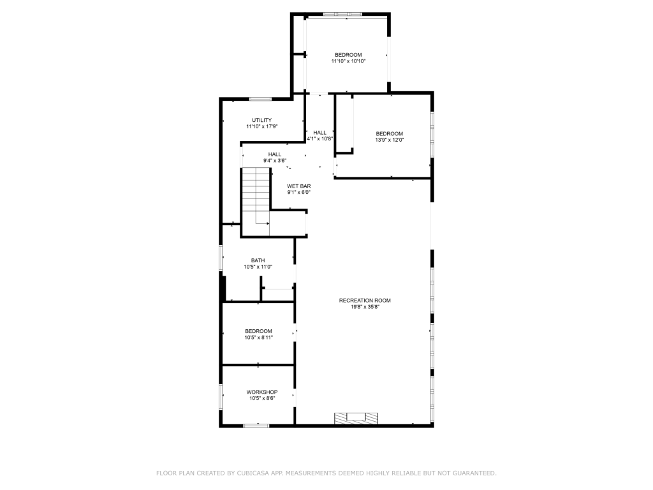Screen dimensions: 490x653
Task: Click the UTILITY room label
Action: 261,120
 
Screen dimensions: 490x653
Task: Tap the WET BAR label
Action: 298,186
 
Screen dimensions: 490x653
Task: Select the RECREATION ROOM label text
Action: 365,301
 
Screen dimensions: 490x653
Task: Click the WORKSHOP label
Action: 261,392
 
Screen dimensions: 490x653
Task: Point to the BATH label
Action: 258,260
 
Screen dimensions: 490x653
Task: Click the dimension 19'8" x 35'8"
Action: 365,307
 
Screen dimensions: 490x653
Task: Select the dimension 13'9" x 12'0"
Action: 389,140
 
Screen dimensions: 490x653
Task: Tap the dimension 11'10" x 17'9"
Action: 261,126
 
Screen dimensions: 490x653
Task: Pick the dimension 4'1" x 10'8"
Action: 319,138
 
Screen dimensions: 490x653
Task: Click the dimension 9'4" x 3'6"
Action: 274,160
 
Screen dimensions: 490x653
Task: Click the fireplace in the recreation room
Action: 356,419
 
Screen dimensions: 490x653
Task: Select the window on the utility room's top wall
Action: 260,99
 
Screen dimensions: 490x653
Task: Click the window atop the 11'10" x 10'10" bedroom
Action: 342,14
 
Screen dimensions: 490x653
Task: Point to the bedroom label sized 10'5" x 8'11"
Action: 258,331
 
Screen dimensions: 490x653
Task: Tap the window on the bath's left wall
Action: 221,260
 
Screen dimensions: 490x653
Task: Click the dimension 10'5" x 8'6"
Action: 261,398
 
